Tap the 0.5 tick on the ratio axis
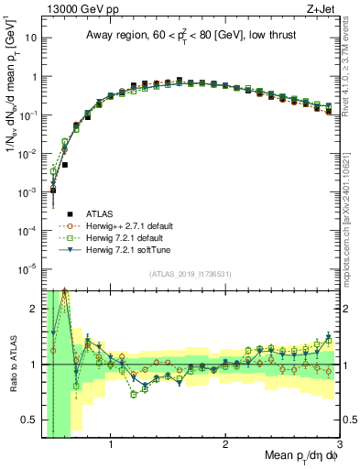click(32, 420)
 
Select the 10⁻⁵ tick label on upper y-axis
click(28, 268)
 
